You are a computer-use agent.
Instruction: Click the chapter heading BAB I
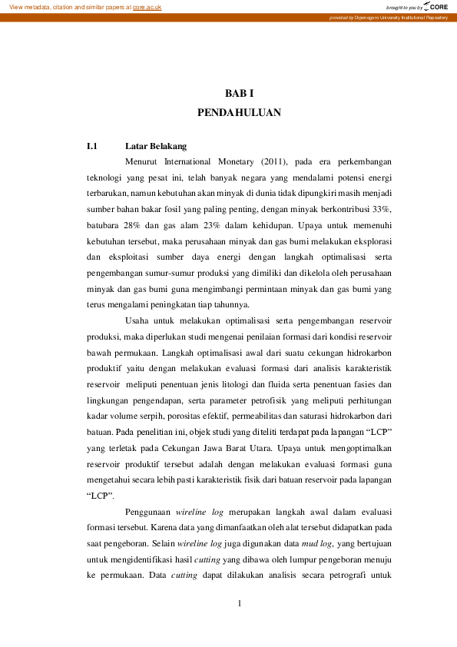pyautogui.click(x=239, y=93)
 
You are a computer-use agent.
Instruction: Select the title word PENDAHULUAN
pyautogui.click(x=239, y=112)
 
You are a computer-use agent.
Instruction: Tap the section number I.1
pyautogui.click(x=92, y=145)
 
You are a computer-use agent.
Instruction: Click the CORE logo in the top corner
pyautogui.click(x=436, y=6)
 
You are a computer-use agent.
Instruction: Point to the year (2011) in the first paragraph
pyautogui.click(x=273, y=162)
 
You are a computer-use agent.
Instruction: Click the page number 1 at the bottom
pyautogui.click(x=240, y=602)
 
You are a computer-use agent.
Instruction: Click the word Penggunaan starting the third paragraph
pyautogui.click(x=147, y=511)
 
